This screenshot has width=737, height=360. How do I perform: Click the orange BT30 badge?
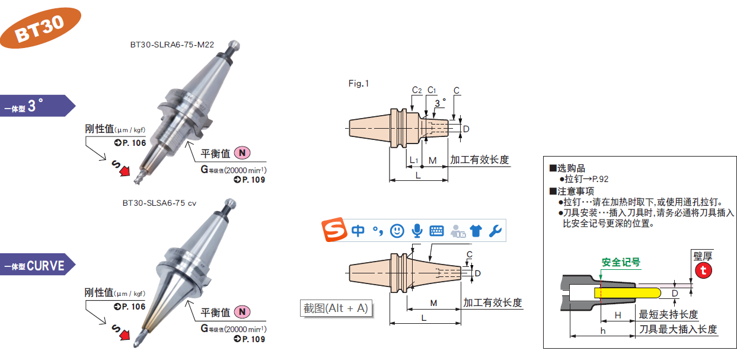(40, 28)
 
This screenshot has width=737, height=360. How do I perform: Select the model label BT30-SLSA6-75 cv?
(159, 203)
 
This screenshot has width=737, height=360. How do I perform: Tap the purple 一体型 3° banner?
(36, 106)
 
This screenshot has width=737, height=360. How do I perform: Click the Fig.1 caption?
(359, 84)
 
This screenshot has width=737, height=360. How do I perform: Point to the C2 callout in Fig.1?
(417, 90)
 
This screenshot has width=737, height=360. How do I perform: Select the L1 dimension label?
(414, 161)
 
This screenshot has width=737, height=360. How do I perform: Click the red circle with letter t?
(703, 270)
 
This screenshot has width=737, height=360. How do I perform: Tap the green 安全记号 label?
(621, 262)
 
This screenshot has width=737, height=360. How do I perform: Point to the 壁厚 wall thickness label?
(703, 256)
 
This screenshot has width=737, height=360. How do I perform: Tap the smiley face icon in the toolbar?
(397, 231)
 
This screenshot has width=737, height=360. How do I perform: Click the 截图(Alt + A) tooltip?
(336, 308)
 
